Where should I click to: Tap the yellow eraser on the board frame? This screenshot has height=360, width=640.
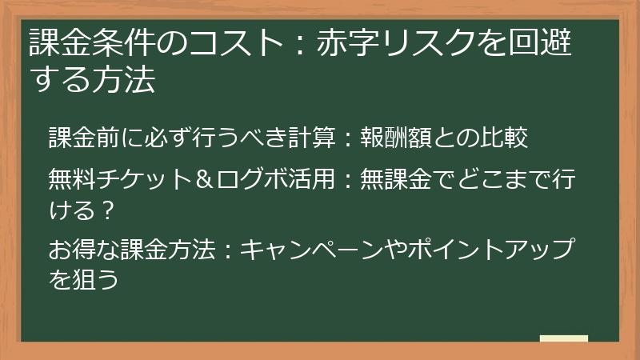pyautogui.click(x=564, y=339)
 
